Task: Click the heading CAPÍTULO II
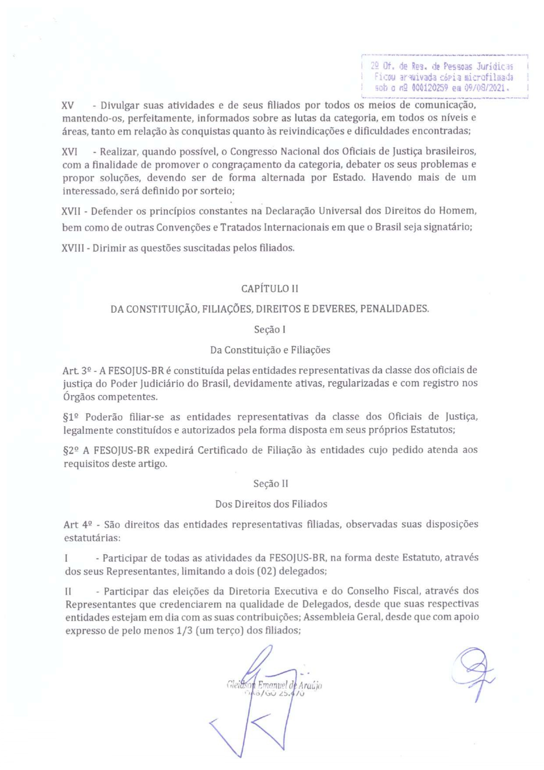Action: coord(270,289)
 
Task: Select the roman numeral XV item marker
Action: coord(68,105)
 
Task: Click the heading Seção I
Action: coord(270,329)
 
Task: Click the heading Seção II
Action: coord(271,483)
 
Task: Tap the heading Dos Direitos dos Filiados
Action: coord(271,504)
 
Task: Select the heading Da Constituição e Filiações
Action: coord(270,350)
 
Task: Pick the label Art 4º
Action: coord(78,524)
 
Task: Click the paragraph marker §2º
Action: coord(72,450)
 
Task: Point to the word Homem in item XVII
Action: coord(460,211)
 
